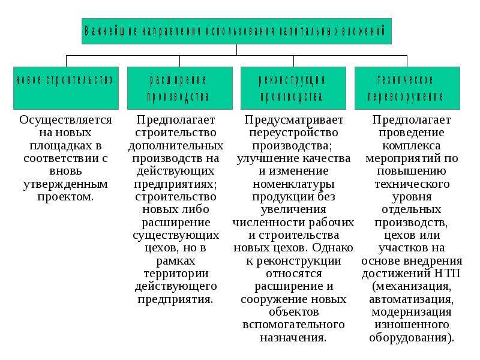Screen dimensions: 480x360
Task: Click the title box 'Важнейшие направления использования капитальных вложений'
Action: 236,31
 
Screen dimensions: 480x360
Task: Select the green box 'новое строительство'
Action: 66,88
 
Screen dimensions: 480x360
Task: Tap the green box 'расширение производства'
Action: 179,88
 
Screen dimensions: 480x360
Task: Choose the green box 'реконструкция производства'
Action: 293,88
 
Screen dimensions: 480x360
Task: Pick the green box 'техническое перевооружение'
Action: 407,88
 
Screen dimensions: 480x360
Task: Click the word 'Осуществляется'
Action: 65,120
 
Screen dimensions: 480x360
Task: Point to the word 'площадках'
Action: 58,146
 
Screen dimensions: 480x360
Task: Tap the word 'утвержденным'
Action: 65,184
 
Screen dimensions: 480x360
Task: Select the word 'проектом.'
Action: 65,197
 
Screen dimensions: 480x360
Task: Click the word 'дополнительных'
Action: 176,146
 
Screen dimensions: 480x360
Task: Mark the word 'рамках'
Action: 176,261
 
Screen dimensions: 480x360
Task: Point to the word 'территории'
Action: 176,274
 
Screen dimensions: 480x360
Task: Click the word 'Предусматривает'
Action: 294,120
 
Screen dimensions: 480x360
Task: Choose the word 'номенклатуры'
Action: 293,184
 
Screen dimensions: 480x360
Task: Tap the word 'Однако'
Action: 333,247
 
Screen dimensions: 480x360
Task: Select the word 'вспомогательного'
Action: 293,325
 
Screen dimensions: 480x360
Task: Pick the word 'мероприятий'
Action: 397,158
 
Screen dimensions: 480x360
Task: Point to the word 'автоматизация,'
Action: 412,299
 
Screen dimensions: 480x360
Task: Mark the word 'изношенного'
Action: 412,325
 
